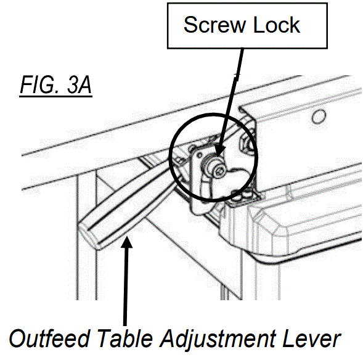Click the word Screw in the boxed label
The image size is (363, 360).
click(215, 25)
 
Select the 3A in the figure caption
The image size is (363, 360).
click(80, 86)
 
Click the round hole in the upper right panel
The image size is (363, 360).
click(319, 117)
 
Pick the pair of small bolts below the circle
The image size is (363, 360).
click(240, 197)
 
